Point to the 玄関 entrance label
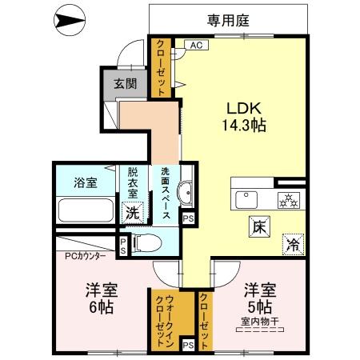124,82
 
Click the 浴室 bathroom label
86,182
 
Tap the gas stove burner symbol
286,199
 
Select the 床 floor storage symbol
258,226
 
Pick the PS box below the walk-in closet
187,345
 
